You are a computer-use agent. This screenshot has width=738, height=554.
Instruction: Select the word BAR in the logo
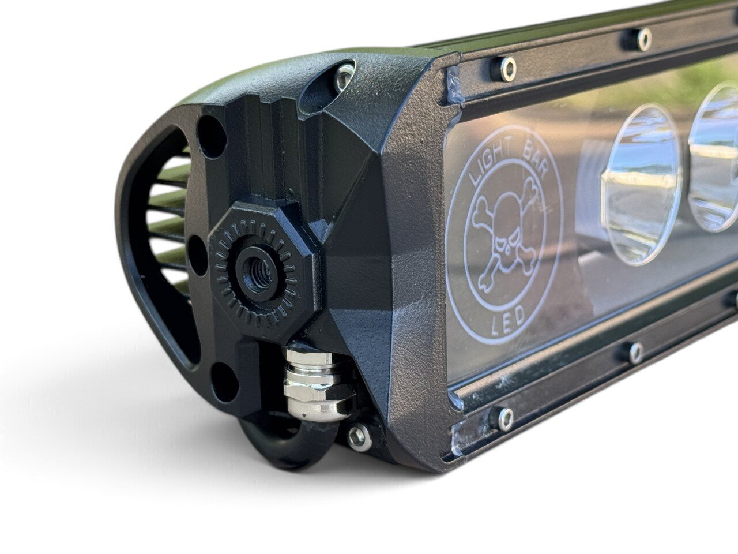coord(533,162)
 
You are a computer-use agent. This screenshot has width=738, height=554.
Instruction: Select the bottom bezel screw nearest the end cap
coord(505,419)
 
